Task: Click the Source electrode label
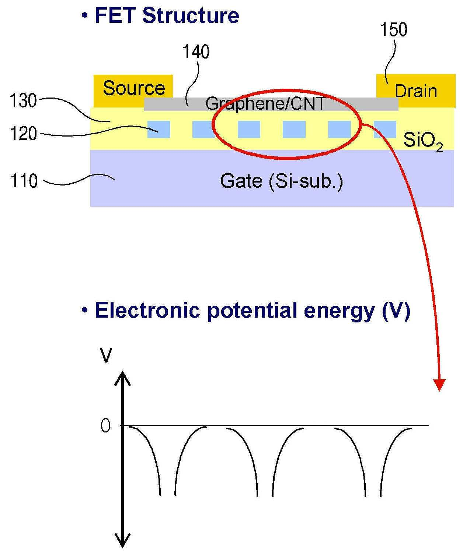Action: coord(134,88)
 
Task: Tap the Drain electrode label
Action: coord(415,91)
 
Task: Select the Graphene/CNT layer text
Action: coord(265,103)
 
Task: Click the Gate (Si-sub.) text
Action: coord(281,181)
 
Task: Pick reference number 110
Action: coord(24,181)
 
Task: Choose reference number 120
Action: coord(24,133)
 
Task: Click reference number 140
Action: coord(196,52)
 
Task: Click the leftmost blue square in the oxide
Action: coord(159,129)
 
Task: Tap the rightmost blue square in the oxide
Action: coord(385,129)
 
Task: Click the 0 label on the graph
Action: coord(105,426)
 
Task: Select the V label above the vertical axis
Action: coord(106,356)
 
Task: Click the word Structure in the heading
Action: coord(191,15)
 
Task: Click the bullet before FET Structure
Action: coord(85,15)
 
